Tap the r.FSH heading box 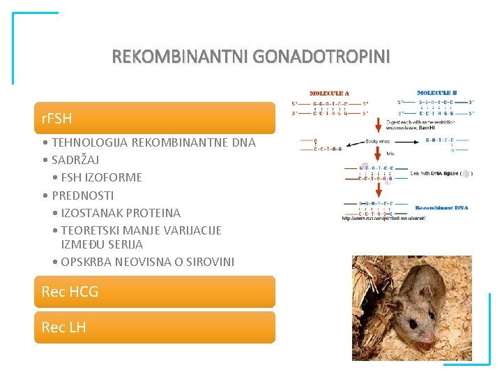click(155, 118)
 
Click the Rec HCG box click(155, 292)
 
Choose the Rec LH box click(155, 327)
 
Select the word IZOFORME click(116, 177)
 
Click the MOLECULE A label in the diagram click(329, 94)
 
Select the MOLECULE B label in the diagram click(436, 92)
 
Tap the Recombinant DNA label click(441, 207)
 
